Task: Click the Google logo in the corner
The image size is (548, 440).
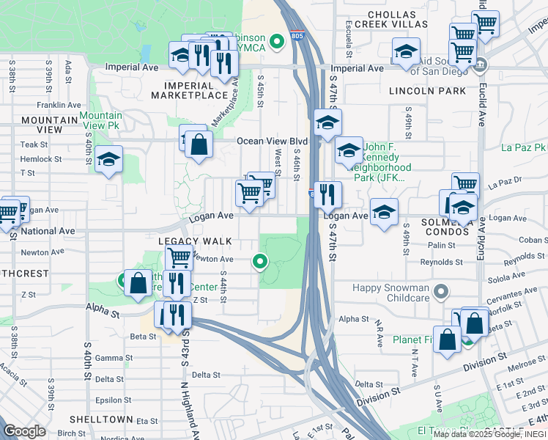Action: pos(25,431)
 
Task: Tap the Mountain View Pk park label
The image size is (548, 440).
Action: pos(101,121)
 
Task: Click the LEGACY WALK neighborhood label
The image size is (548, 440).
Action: pos(195,241)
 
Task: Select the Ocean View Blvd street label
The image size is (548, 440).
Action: pos(271,142)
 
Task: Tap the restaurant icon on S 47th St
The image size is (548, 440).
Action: pos(327,194)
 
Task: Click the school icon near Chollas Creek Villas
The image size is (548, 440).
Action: pos(405,51)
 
